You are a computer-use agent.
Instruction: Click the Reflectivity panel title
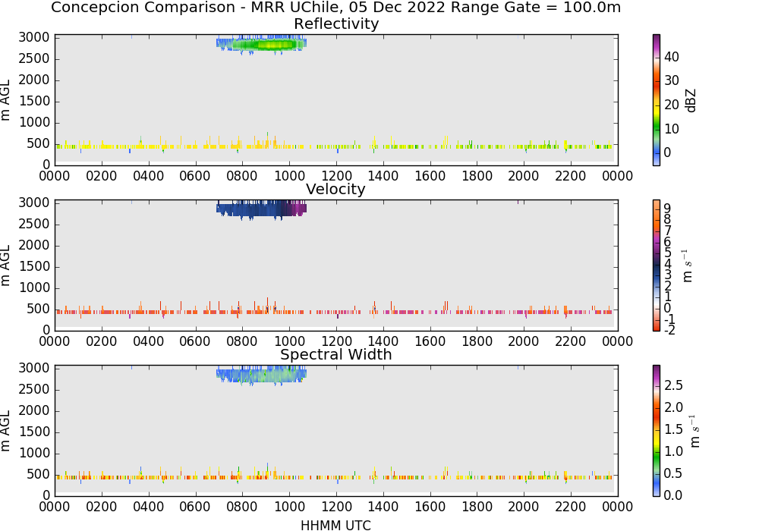coord(336,24)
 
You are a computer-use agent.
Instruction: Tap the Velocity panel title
coord(335,189)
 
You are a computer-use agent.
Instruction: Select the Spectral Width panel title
coord(336,354)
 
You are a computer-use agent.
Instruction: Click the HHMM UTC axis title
coord(335,525)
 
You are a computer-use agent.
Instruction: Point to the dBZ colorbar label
coord(691,101)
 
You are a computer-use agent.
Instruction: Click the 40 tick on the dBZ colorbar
coord(672,57)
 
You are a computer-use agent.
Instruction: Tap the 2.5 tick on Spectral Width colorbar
coord(673,385)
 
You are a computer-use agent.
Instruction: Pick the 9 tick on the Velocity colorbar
coord(667,209)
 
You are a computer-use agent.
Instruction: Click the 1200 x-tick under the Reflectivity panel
coord(336,176)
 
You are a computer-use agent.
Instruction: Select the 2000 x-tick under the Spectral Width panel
coord(523,507)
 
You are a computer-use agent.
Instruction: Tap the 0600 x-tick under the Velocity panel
coord(195,341)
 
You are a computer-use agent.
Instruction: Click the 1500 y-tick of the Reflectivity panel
coord(34,101)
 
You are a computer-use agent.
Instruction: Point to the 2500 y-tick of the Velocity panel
coord(34,224)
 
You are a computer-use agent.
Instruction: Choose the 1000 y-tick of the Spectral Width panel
coord(34,453)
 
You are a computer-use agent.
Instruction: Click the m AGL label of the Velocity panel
coord(5,265)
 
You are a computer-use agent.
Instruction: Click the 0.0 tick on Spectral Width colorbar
coord(673,495)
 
